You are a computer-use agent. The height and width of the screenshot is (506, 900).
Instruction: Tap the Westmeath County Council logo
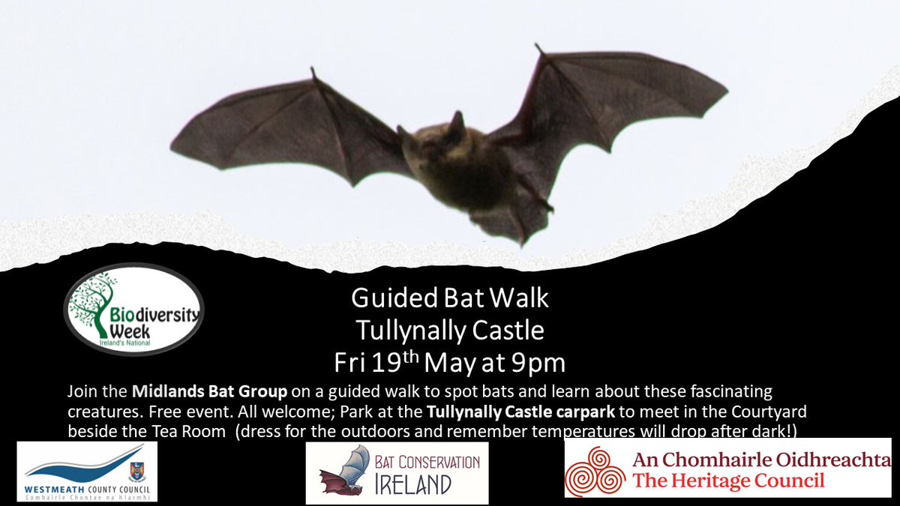point(87,471)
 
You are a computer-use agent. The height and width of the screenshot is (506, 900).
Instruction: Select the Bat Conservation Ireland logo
point(397,472)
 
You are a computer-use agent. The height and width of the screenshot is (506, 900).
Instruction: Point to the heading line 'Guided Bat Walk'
point(450,298)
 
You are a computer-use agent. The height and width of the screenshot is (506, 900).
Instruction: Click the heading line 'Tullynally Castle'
point(450,329)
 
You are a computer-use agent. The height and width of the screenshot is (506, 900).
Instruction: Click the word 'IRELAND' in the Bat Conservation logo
point(415,484)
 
